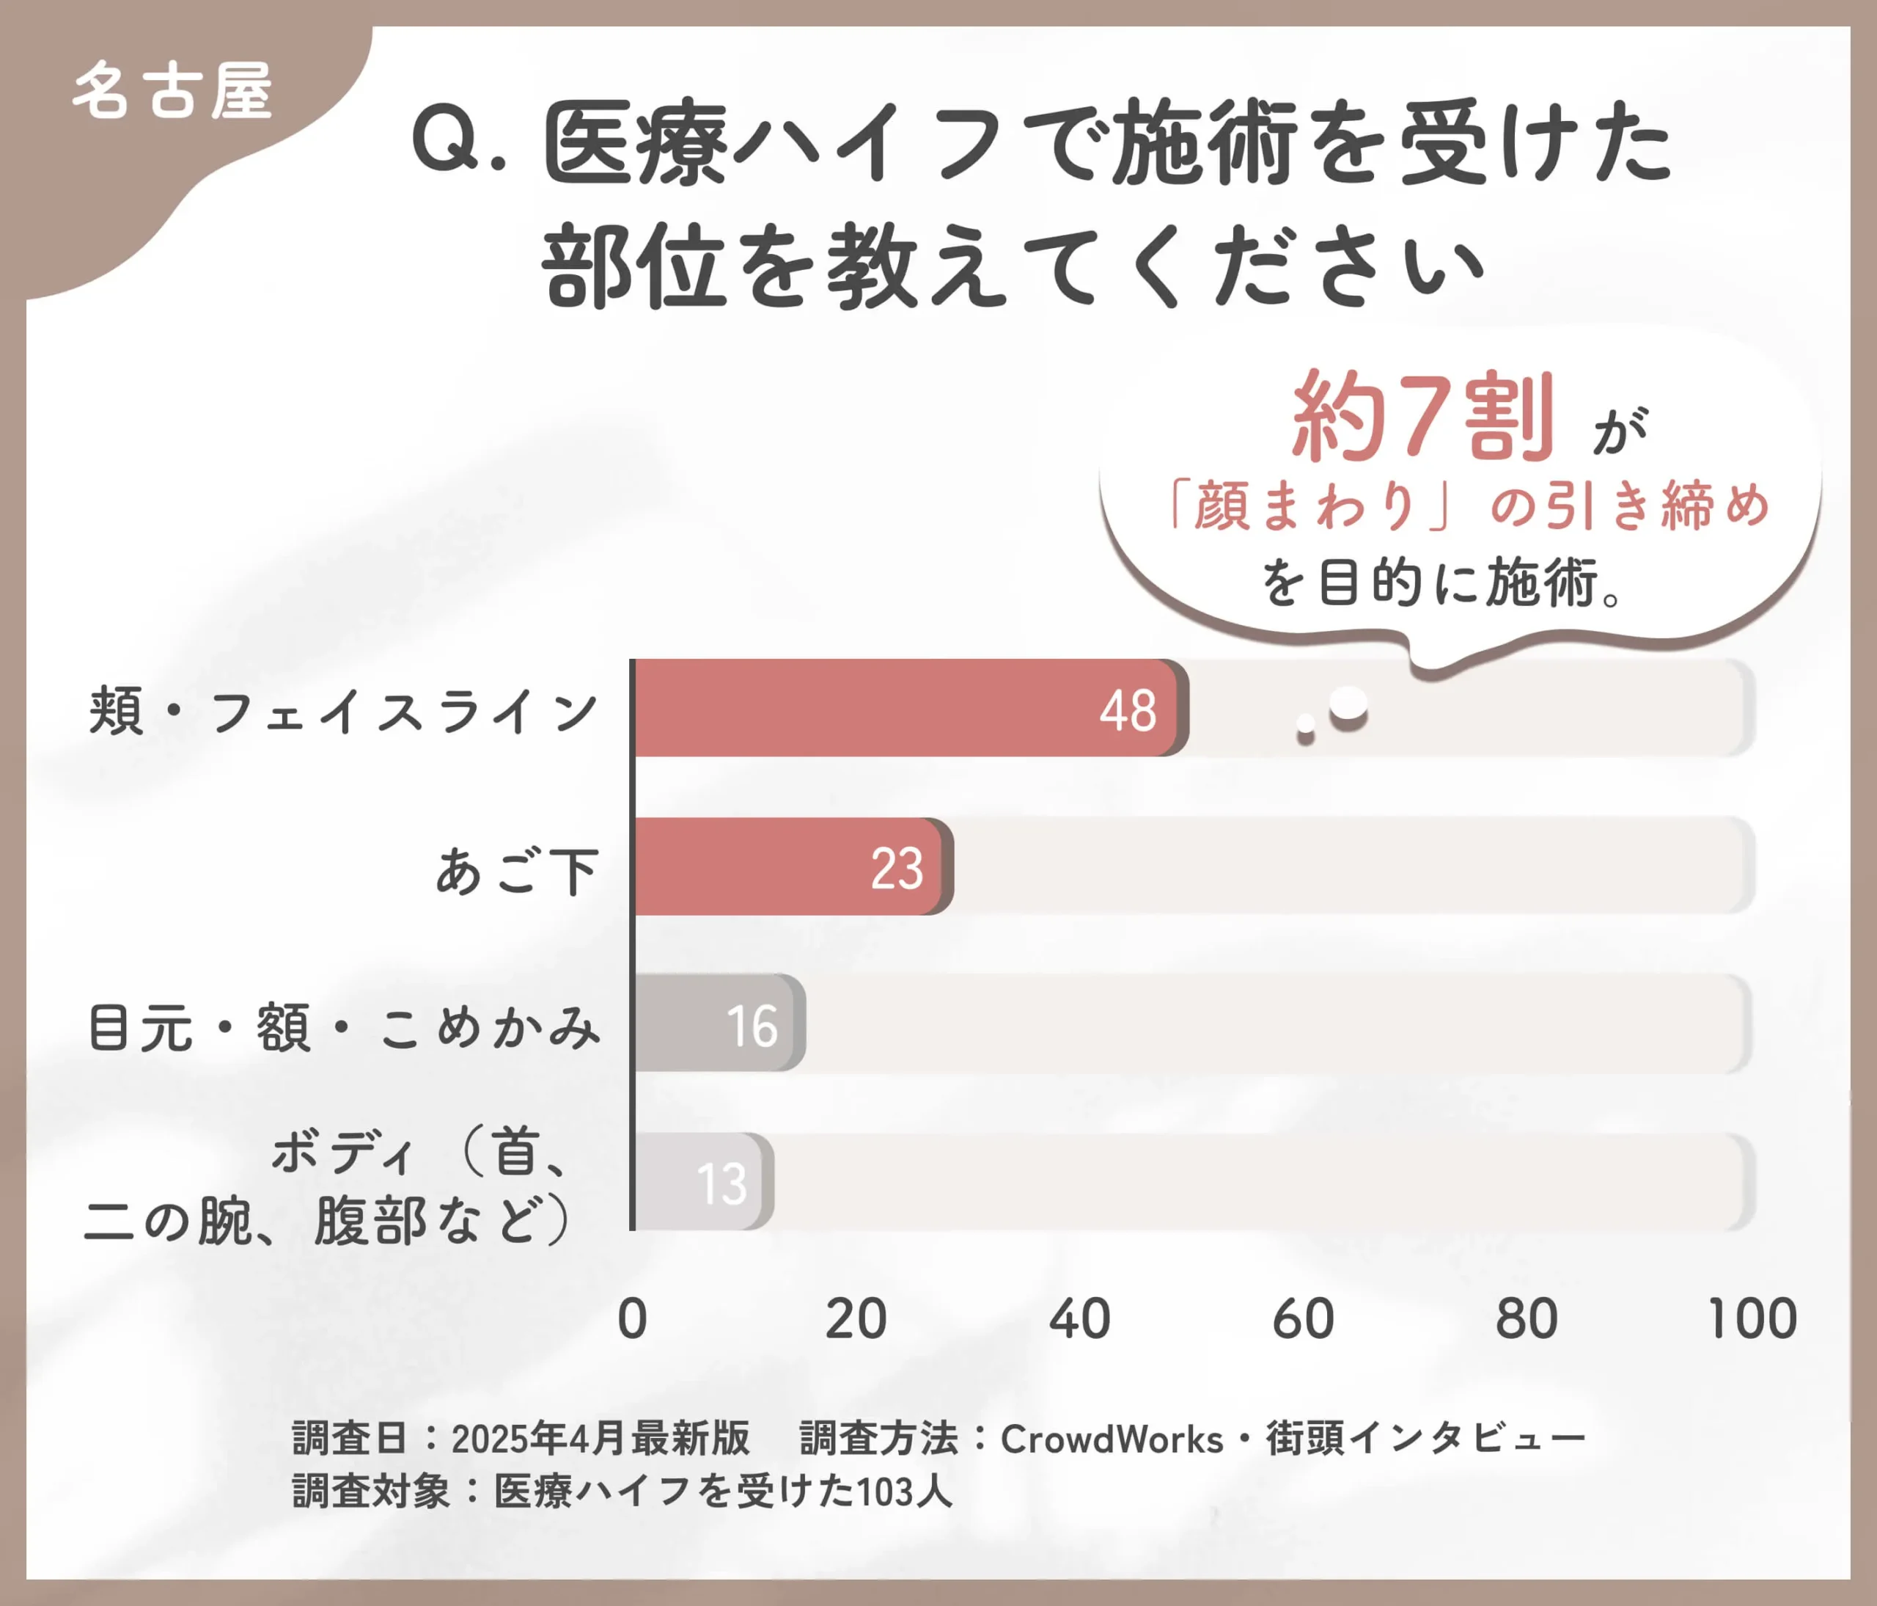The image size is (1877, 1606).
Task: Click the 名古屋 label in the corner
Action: tap(172, 91)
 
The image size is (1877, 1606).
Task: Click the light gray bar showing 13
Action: tap(703, 1182)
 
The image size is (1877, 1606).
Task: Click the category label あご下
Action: tap(516, 871)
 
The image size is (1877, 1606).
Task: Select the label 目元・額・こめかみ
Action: tap(343, 1028)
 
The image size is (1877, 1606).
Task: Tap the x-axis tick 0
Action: tap(632, 1318)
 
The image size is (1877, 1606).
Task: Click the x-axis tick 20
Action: tap(855, 1318)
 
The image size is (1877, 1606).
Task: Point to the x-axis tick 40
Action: tap(1079, 1318)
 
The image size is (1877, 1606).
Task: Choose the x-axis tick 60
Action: tap(1303, 1318)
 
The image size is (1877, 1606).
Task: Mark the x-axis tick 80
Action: tap(1527, 1318)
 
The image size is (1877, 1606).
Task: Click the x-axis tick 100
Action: tap(1752, 1318)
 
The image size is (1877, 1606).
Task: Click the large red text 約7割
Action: tap(1422, 417)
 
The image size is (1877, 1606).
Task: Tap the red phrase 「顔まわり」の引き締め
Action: tap(1468, 505)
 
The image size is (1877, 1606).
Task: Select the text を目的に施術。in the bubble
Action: tap(1440, 583)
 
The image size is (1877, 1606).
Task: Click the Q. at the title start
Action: tap(458, 145)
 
